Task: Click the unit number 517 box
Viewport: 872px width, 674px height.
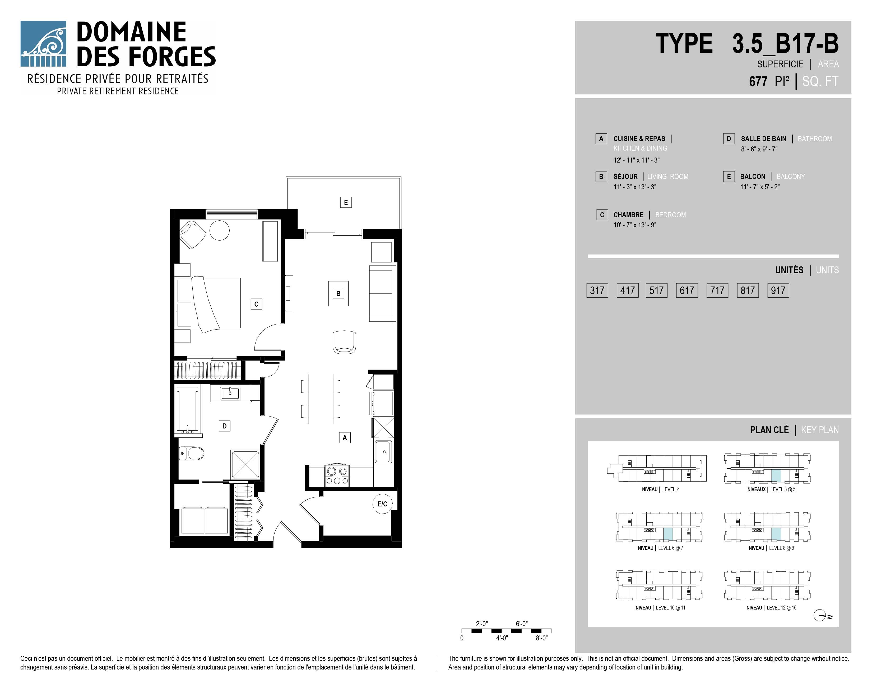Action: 656,290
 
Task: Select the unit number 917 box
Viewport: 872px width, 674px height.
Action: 778,290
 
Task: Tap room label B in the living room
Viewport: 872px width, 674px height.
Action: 338,293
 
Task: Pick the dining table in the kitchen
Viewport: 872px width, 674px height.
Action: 321,399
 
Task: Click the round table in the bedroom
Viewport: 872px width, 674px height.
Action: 220,230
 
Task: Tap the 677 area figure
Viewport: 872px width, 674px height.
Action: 758,81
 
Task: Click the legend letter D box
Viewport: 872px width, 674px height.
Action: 729,139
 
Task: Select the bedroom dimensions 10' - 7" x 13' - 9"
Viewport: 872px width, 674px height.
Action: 635,225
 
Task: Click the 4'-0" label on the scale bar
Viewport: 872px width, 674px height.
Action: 502,638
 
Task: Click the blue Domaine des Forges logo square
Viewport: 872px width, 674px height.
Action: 43,44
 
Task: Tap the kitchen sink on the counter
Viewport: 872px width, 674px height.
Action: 383,452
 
